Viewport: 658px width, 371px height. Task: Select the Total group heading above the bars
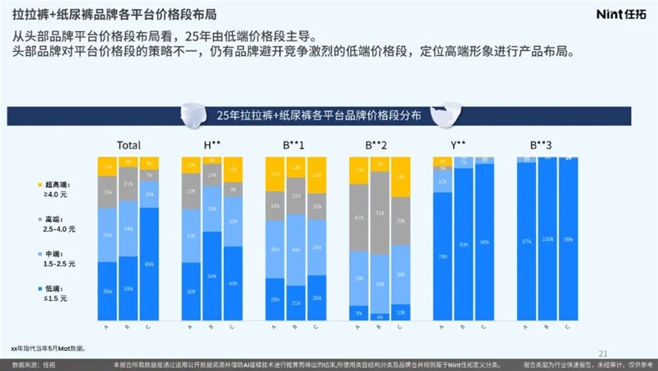pyautogui.click(x=128, y=145)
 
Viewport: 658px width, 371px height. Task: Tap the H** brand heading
pyautogui.click(x=212, y=145)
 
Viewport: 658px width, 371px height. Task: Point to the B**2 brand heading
pyautogui.click(x=377, y=145)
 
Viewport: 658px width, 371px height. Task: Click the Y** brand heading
pyautogui.click(x=459, y=145)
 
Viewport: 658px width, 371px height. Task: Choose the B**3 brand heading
pyautogui.click(x=541, y=145)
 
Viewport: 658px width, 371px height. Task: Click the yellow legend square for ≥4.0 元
pyautogui.click(x=40, y=185)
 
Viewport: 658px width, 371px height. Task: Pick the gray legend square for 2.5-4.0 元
pyautogui.click(x=40, y=219)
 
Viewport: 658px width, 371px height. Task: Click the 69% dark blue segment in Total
pyautogui.click(x=150, y=264)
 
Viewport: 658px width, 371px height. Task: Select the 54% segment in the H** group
pyautogui.click(x=212, y=275)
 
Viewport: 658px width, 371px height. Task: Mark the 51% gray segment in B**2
pyautogui.click(x=378, y=212)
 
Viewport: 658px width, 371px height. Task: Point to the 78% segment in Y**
pyautogui.click(x=442, y=256)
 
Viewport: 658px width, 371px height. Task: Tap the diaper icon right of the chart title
pyautogui.click(x=446, y=111)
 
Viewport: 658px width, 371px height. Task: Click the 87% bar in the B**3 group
pyautogui.click(x=525, y=241)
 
